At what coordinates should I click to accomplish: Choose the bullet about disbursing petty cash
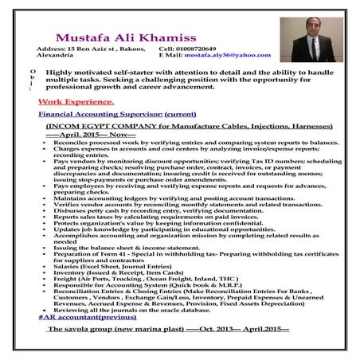pos(148,211)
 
